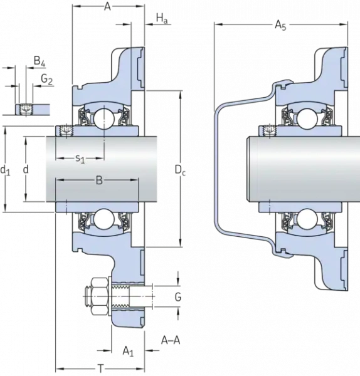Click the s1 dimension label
80,159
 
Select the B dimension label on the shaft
99,182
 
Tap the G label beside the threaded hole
177,297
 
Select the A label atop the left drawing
107,8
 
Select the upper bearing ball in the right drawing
307,117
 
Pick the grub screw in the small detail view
26,109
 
